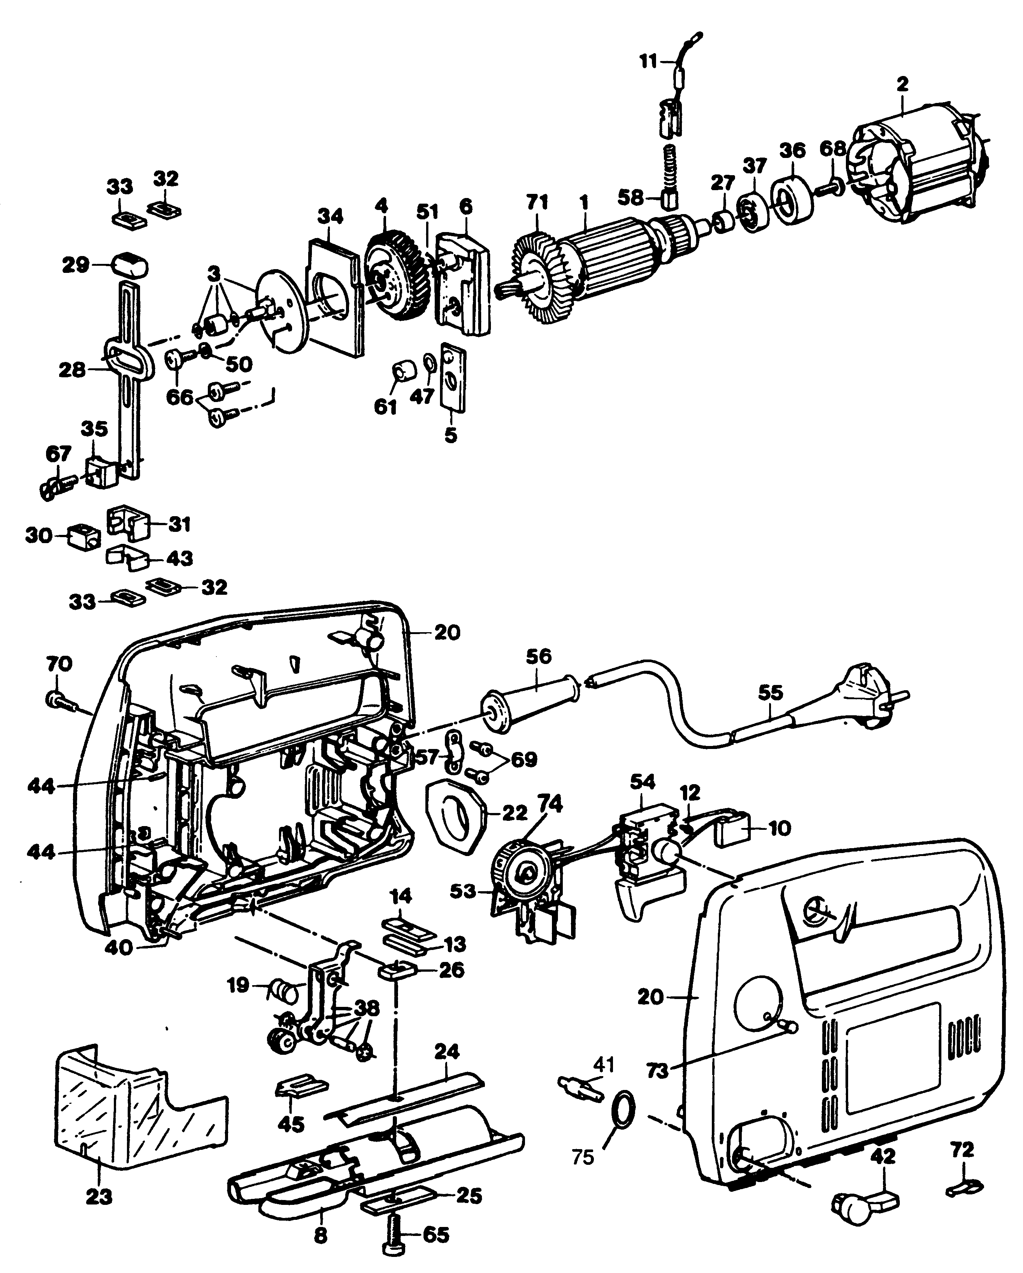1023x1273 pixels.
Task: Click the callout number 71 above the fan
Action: pos(537,202)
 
